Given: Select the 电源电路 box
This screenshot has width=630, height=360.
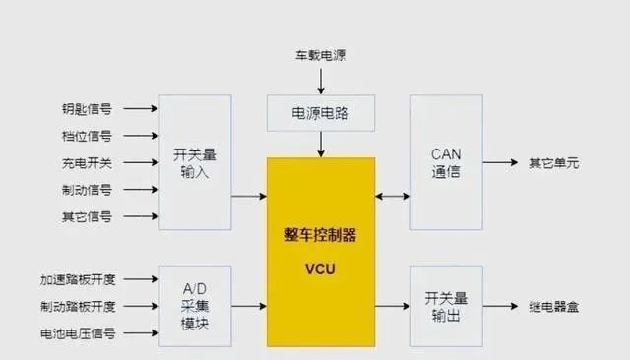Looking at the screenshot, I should click(x=321, y=114).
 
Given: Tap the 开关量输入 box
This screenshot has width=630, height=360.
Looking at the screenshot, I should click(x=194, y=162).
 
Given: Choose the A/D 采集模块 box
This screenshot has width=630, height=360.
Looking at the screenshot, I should click(x=194, y=305).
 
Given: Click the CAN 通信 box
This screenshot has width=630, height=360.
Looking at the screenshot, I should click(x=446, y=162).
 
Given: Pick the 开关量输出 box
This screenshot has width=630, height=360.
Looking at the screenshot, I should click(x=446, y=305).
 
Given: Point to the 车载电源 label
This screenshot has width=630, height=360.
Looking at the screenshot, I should click(x=321, y=56).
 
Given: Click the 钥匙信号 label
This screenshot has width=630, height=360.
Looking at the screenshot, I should click(x=88, y=108).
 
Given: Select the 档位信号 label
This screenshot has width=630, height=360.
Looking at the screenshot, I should click(x=88, y=136).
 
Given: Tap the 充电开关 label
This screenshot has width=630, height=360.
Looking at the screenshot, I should click(x=88, y=162).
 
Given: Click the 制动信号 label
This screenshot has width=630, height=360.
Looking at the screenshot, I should click(x=88, y=189).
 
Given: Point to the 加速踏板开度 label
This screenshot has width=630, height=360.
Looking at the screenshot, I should click(x=78, y=278).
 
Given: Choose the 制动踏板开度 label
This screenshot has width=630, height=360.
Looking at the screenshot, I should click(x=78, y=306).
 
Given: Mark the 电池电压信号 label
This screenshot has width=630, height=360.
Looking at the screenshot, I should click(x=78, y=333).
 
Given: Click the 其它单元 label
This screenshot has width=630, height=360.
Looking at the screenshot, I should click(x=554, y=162).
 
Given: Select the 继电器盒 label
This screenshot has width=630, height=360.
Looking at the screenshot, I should click(x=554, y=306).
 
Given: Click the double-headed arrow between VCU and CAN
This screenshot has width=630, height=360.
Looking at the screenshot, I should click(x=393, y=197).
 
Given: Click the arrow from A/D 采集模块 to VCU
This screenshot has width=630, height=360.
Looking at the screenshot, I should click(x=249, y=306).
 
